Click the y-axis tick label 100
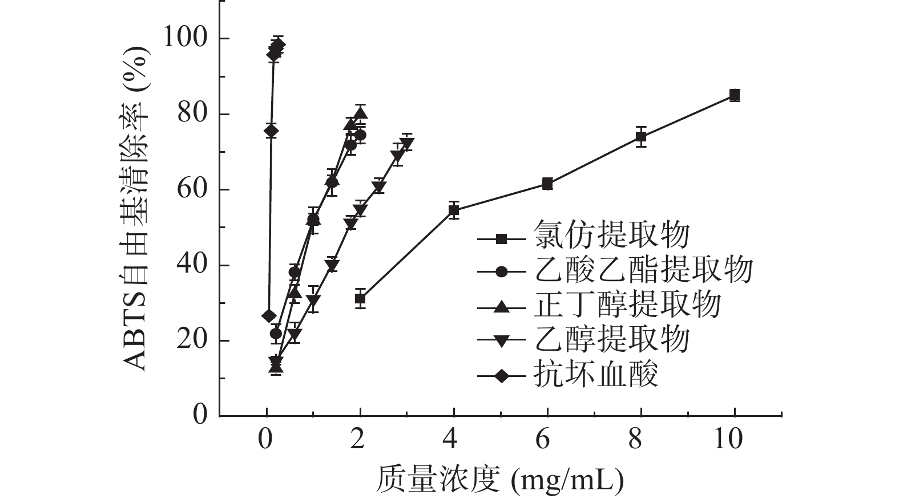tap(184, 38)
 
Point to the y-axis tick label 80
tap(191, 114)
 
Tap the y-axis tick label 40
tap(191, 265)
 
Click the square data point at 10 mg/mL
tap(735, 95)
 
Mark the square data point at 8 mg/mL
tap(641, 137)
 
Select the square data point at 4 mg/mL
tap(454, 210)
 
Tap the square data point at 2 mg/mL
tap(360, 298)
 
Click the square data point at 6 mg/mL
tap(547, 184)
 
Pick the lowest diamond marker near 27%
tap(269, 316)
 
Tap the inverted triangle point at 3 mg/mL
tap(406, 143)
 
